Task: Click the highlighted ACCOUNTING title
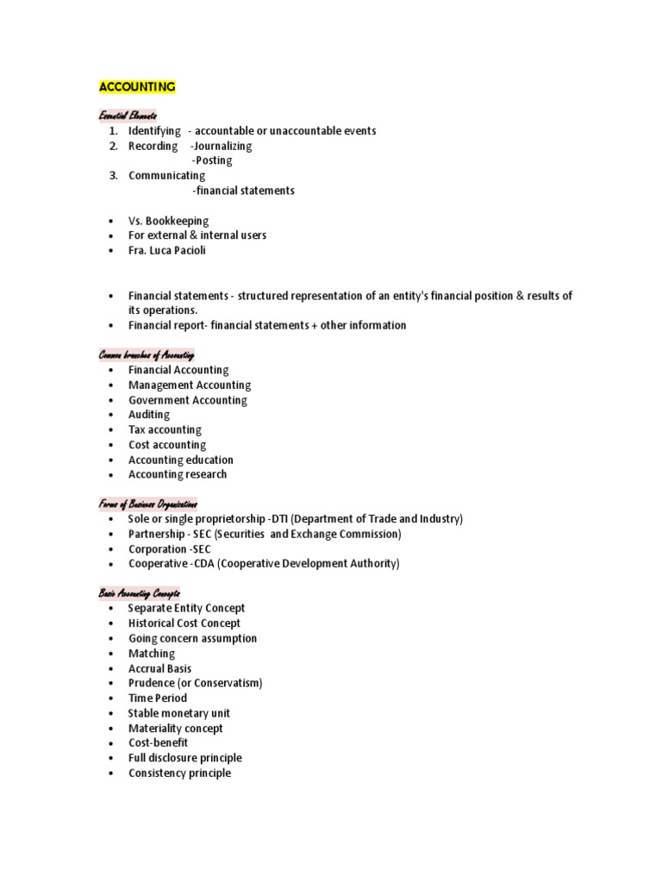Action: point(138,87)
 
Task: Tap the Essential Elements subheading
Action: point(128,116)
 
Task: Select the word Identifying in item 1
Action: point(154,131)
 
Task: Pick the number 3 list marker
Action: point(113,176)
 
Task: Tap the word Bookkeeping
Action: point(180,221)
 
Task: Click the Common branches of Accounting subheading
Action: point(147,355)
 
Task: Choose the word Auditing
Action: point(149,415)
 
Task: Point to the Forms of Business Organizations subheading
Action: point(148,504)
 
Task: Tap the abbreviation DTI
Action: point(279,519)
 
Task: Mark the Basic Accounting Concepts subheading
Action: point(145,594)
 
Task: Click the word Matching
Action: point(151,654)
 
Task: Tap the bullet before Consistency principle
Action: point(112,773)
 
